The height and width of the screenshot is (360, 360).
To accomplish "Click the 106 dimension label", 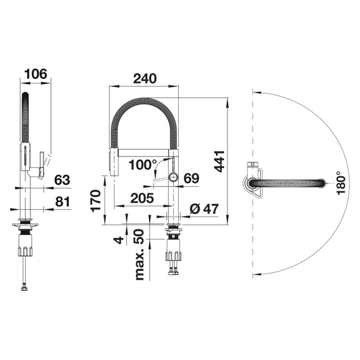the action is pos(35,74).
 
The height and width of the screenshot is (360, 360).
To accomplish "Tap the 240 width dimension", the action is pos(145,78).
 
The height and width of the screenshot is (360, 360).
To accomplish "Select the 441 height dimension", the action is pos(219,161).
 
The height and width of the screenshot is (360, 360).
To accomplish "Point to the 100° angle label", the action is pos(142,165).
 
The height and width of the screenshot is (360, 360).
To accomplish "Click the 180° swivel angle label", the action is pos(341,183).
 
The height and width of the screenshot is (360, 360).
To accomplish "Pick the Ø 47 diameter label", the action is pos(204,208).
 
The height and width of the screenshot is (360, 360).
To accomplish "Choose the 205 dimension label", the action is pos(142,198).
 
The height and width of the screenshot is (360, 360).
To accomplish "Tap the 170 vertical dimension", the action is pos(95,201).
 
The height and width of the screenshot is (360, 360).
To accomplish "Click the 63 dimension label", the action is pos(62,180).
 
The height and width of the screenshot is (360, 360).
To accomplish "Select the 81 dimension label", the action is pos(63,201).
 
